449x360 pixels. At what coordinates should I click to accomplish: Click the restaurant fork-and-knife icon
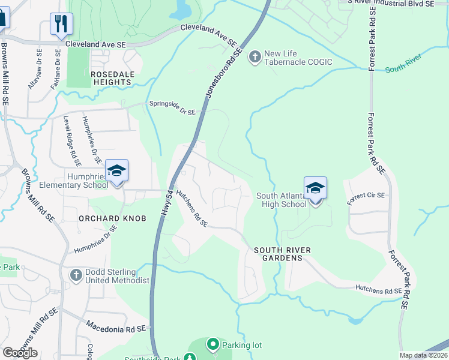(61, 24)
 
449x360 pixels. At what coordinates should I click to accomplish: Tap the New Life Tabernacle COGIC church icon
(255, 57)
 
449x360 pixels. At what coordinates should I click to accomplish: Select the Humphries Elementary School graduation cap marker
(117, 171)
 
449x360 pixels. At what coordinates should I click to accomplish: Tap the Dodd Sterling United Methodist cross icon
(76, 275)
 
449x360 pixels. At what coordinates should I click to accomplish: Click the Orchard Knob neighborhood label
(112, 219)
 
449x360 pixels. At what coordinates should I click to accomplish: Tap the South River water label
(404, 63)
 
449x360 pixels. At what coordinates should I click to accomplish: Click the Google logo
(20, 353)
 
